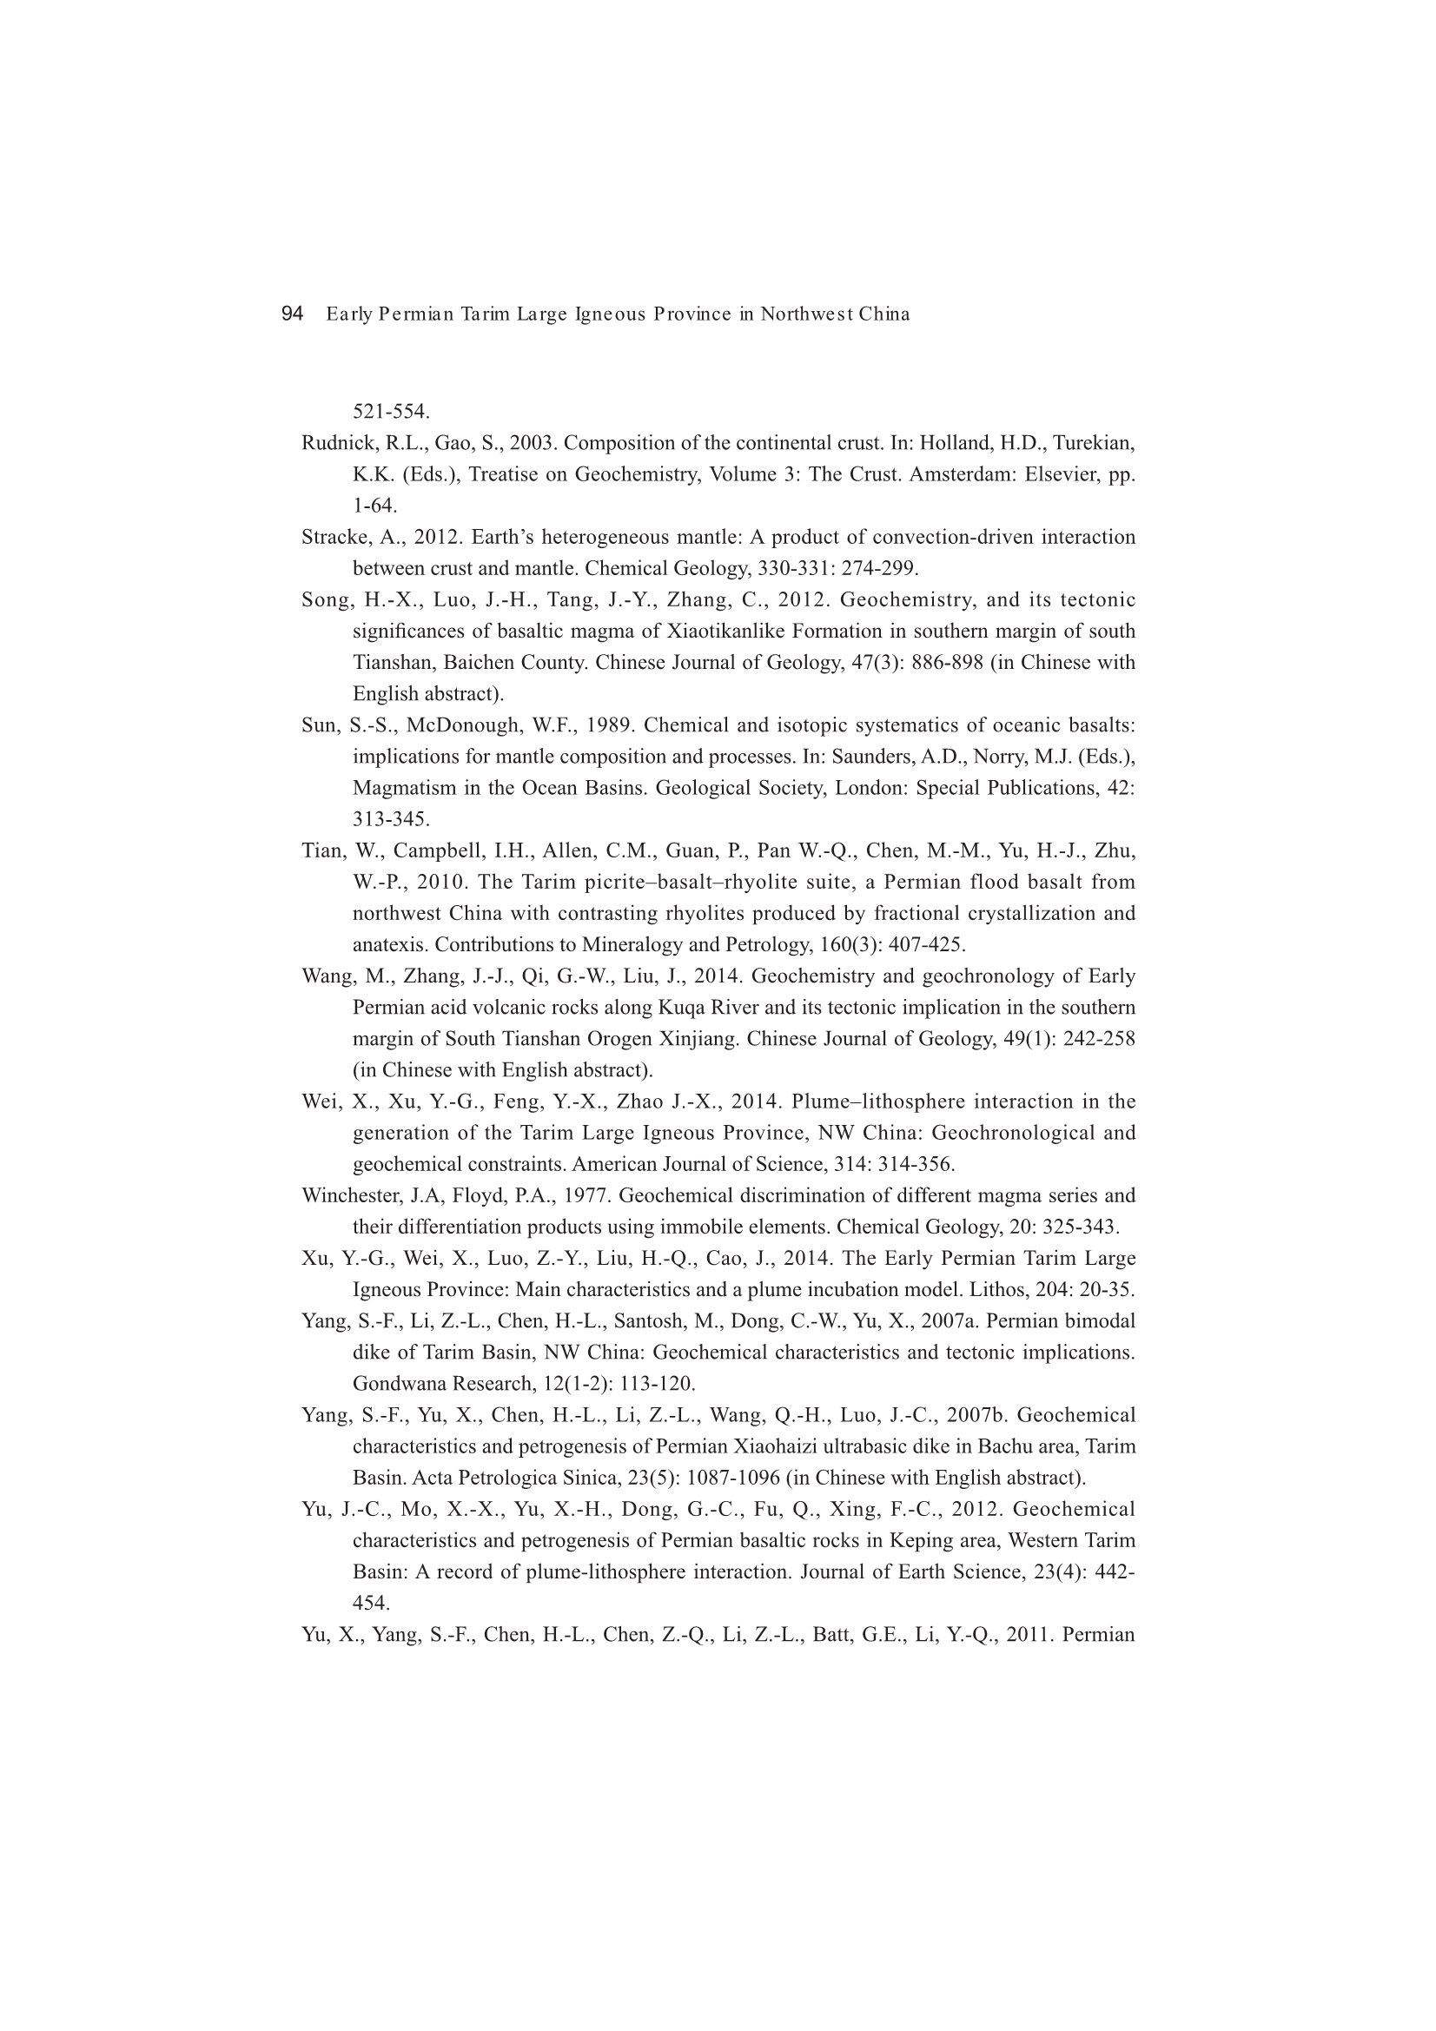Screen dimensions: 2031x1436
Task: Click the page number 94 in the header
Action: [x=292, y=314]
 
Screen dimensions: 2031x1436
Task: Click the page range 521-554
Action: [x=391, y=412]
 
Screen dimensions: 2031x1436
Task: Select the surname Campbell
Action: [x=429, y=851]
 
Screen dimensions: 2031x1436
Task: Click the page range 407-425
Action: [x=925, y=945]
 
